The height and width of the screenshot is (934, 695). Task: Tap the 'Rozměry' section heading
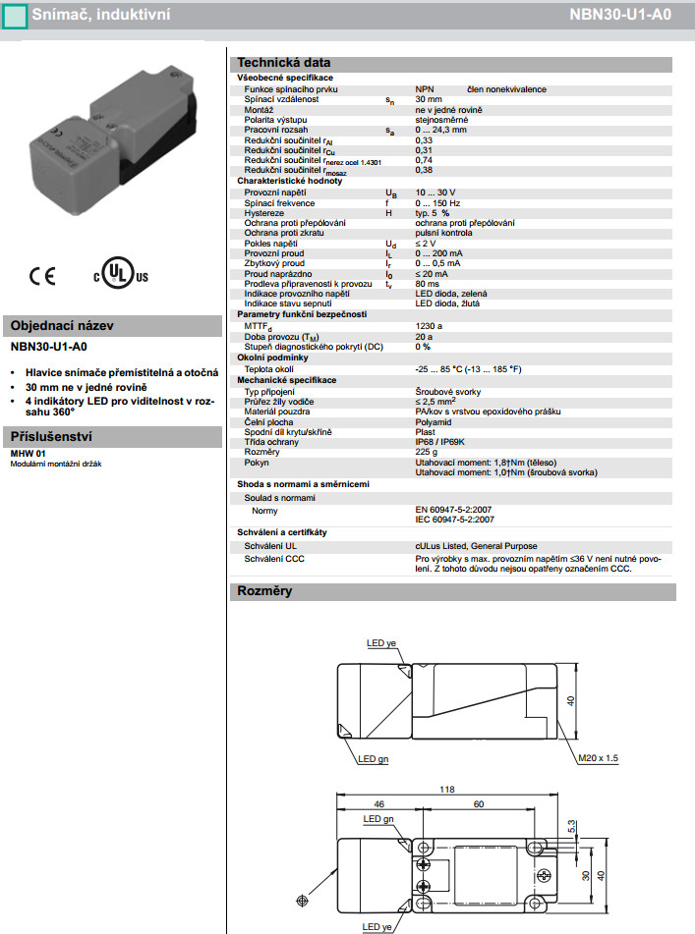coord(264,591)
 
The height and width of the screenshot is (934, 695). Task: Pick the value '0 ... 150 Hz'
coord(438,201)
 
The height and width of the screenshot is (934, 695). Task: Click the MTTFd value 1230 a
coord(430,325)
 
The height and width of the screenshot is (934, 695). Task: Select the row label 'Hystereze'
coord(263,212)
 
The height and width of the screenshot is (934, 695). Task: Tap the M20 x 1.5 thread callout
coord(599,758)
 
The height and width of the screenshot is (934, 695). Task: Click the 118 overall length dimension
coord(447,789)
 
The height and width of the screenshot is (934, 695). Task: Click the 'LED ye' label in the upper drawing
coord(381,643)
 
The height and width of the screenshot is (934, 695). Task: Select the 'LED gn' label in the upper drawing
coord(373,758)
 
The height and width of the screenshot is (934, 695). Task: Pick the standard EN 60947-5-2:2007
coord(454,510)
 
